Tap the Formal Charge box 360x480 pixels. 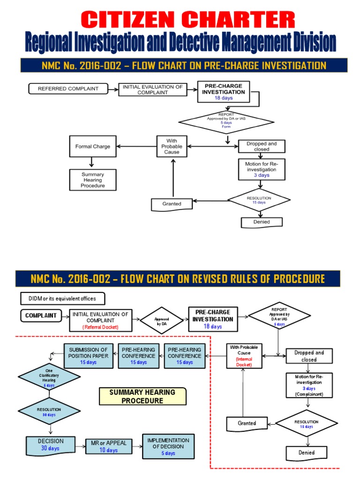click(92, 146)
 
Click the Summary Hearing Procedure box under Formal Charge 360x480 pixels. click(92, 180)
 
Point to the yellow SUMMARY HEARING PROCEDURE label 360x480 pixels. click(142, 397)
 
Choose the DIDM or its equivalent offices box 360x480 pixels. click(62, 299)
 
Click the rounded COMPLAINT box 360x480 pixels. click(41, 315)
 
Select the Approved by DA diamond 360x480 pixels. click(161, 321)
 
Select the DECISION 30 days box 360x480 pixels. click(50, 445)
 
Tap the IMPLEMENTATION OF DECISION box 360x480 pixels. click(168, 446)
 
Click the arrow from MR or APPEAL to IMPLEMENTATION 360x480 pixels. click(137, 447)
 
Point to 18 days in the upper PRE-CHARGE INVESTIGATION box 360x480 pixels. click(223, 98)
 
